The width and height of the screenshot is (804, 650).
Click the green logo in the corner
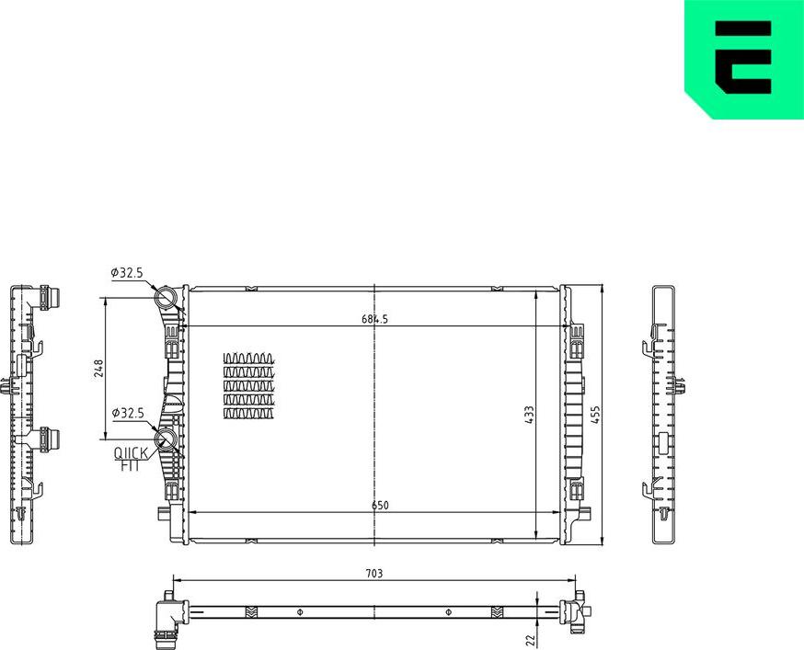[x=744, y=57]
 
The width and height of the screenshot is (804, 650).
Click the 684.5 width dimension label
[x=375, y=319]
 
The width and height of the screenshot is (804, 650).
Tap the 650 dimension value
[x=380, y=505]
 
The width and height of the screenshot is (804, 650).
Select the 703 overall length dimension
[x=373, y=573]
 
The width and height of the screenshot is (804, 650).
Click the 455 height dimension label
[x=595, y=416]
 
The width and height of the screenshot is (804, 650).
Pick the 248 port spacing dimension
[x=99, y=367]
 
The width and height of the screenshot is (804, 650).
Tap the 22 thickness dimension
[x=530, y=638]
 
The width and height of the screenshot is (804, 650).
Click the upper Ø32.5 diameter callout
[x=127, y=272]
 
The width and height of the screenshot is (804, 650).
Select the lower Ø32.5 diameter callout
[x=127, y=414]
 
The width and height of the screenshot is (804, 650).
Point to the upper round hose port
[x=165, y=298]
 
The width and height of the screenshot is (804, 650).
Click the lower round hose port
[x=166, y=439]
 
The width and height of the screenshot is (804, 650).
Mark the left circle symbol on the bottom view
[x=299, y=612]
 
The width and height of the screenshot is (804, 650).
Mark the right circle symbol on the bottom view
[x=448, y=612]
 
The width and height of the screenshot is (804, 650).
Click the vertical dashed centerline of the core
[x=374, y=414]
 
